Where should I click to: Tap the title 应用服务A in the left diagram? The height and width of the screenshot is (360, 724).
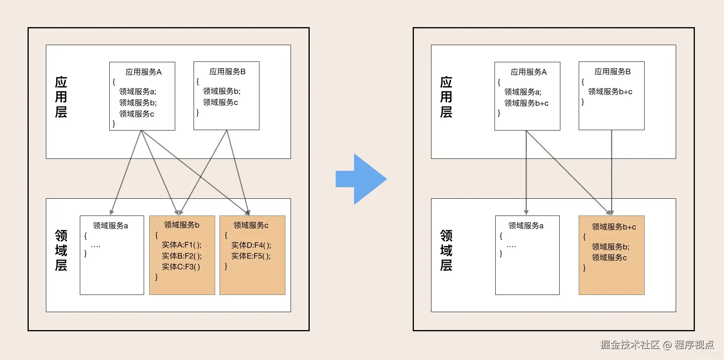point(143,72)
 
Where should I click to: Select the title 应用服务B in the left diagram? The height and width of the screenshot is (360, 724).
point(227,72)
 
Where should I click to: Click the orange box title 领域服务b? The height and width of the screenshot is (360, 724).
point(182,225)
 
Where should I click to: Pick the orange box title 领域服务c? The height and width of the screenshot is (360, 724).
point(251,225)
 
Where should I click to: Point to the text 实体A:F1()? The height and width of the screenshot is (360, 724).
point(182,245)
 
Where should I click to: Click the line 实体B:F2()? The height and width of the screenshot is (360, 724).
point(182,256)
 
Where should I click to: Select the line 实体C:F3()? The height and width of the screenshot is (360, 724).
point(181,267)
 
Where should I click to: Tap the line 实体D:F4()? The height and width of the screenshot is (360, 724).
point(251,245)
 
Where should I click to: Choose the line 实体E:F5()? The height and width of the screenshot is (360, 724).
point(251,256)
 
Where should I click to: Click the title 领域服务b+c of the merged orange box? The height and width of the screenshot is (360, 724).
point(614,227)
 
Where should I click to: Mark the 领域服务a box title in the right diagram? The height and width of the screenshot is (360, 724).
point(526,226)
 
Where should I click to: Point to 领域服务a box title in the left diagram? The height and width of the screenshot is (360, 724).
point(110,226)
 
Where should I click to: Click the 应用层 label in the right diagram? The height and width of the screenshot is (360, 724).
point(446,97)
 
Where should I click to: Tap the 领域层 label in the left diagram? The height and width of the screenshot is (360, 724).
point(61,250)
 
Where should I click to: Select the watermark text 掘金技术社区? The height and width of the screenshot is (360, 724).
point(630,344)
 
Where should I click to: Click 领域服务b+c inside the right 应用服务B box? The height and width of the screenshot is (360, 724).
point(610,92)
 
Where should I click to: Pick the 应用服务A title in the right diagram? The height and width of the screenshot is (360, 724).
point(528,72)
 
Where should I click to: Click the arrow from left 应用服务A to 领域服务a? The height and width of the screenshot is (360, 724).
point(126,172)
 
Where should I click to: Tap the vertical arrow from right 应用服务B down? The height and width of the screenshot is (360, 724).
point(611,172)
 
